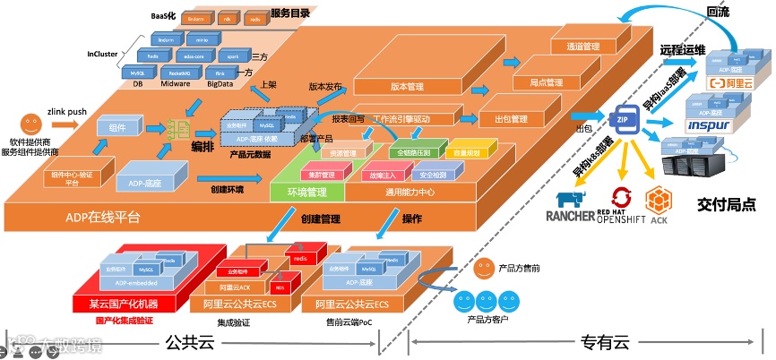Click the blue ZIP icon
tap(622, 119)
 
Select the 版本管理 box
tap(408, 88)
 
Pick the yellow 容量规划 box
tap(471, 153)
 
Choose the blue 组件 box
tap(116, 128)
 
